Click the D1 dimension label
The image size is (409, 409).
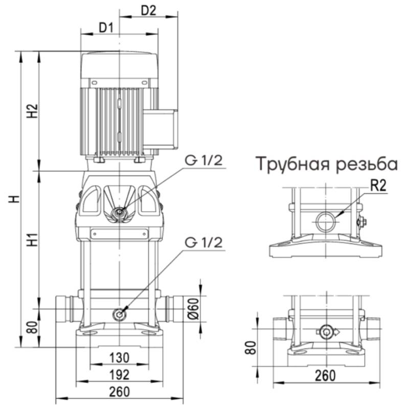coord(106,28)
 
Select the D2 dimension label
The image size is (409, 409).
coord(148,10)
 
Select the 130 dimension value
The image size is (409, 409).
coord(119,357)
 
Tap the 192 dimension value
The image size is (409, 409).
coord(119,374)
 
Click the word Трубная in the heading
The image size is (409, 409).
coord(291,165)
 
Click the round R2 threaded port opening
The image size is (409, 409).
coord(326,221)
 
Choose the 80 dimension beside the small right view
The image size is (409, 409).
coord(249,348)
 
